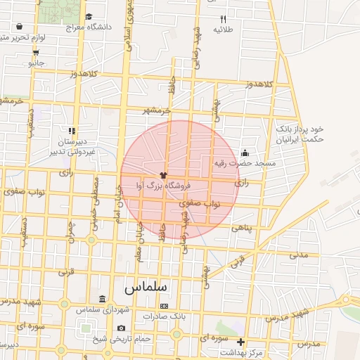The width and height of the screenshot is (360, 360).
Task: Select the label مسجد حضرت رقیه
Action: [x=246, y=163]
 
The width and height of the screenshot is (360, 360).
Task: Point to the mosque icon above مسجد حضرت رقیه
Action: [x=245, y=153]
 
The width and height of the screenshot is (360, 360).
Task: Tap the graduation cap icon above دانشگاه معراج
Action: [x=89, y=16]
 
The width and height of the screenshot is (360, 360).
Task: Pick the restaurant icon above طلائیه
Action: [x=224, y=19]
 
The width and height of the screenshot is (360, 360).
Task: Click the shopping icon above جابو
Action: [x=35, y=51]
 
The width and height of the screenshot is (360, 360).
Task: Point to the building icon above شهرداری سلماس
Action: [x=103, y=299]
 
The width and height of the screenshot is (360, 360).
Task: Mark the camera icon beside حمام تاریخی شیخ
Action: [x=121, y=328]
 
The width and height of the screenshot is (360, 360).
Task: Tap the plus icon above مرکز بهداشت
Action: [x=241, y=342]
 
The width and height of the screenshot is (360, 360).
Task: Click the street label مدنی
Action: [x=299, y=255]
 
